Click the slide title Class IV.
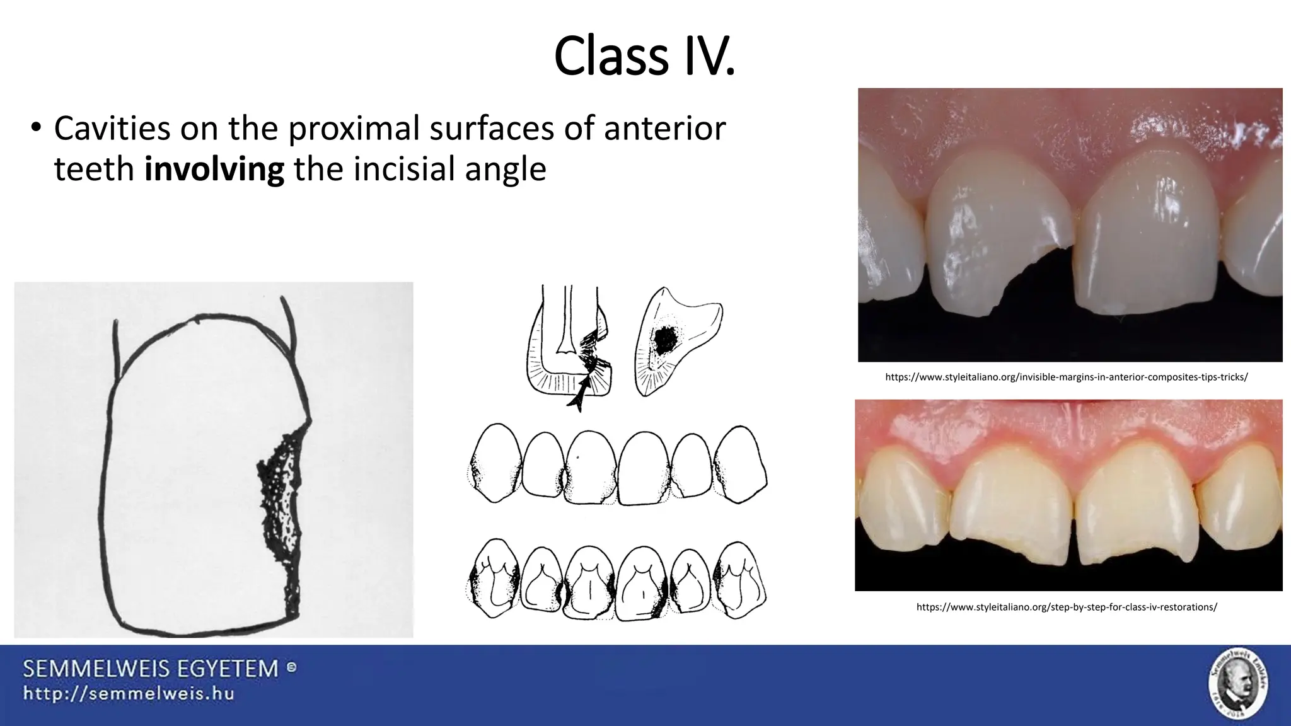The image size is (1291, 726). (x=644, y=57)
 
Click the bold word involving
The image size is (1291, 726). (x=214, y=169)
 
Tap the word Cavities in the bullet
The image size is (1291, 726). (x=112, y=128)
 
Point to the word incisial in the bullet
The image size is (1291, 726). (x=405, y=169)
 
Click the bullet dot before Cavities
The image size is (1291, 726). (x=35, y=128)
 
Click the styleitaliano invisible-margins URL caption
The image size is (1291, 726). (x=1066, y=377)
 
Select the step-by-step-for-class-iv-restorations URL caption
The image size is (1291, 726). (x=1066, y=607)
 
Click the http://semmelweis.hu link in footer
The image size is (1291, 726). (x=129, y=694)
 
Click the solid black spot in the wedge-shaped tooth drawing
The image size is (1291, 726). (x=664, y=341)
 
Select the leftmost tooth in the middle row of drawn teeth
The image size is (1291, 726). (x=496, y=463)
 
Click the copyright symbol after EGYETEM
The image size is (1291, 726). (x=292, y=667)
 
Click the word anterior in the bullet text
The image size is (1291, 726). (x=664, y=128)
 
